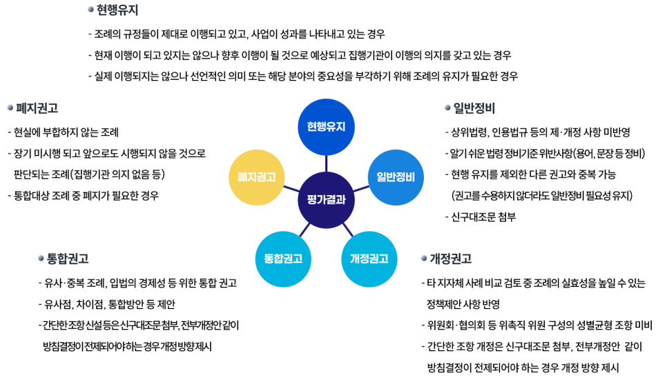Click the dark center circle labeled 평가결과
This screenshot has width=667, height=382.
click(x=326, y=200)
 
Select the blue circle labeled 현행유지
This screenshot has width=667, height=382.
click(x=326, y=127)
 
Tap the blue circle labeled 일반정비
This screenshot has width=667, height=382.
click(x=396, y=177)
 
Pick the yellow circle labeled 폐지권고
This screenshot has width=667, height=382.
click(x=256, y=177)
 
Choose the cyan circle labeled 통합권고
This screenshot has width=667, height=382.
click(x=283, y=259)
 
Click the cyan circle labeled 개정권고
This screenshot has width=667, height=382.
click(x=369, y=259)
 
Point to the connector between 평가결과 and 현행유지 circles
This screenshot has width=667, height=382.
click(x=326, y=163)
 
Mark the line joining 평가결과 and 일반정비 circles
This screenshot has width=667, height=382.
click(x=360, y=188)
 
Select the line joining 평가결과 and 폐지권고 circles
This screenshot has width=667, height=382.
click(x=291, y=188)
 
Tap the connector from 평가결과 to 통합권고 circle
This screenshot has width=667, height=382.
click(x=304, y=230)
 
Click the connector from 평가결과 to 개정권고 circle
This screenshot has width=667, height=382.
click(x=347, y=230)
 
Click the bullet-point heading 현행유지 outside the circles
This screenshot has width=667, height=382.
click(x=117, y=10)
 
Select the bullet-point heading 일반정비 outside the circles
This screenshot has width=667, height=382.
click(x=474, y=108)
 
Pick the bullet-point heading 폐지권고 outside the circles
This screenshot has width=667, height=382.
click(x=37, y=108)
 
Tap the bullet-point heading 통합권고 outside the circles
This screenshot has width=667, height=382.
click(x=68, y=259)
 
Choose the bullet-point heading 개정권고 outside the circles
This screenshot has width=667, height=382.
click(x=450, y=259)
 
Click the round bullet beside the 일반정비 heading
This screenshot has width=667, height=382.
click(x=447, y=108)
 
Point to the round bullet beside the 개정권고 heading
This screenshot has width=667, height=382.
click(x=424, y=258)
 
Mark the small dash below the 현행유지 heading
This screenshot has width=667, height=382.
click(x=90, y=34)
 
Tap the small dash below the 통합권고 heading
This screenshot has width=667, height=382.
click(x=41, y=283)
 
